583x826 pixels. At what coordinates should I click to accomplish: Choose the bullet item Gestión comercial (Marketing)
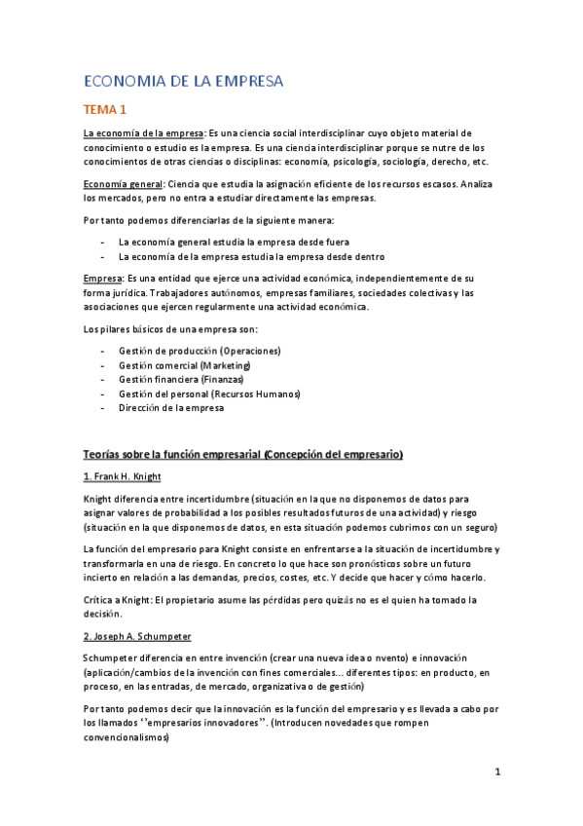point(184,364)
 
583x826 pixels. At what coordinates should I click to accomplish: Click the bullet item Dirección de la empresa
point(171,408)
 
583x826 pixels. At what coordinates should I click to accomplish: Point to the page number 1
point(497,772)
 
